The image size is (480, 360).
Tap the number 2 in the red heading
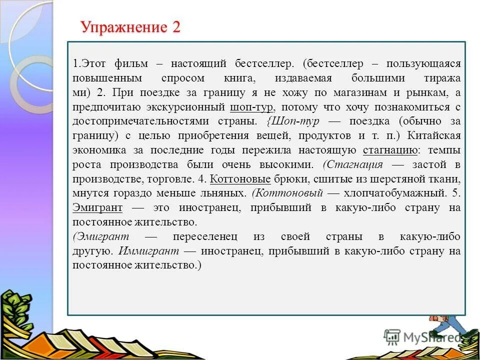pyautogui.click(x=175, y=27)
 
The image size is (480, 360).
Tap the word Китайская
pyautogui.click(x=434, y=135)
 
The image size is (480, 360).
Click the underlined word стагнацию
pyautogui.click(x=390, y=150)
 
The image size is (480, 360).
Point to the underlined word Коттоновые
pyautogui.click(x=240, y=178)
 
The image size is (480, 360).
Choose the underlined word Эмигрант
pyautogui.click(x=97, y=207)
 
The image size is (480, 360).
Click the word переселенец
pyautogui.click(x=205, y=236)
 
